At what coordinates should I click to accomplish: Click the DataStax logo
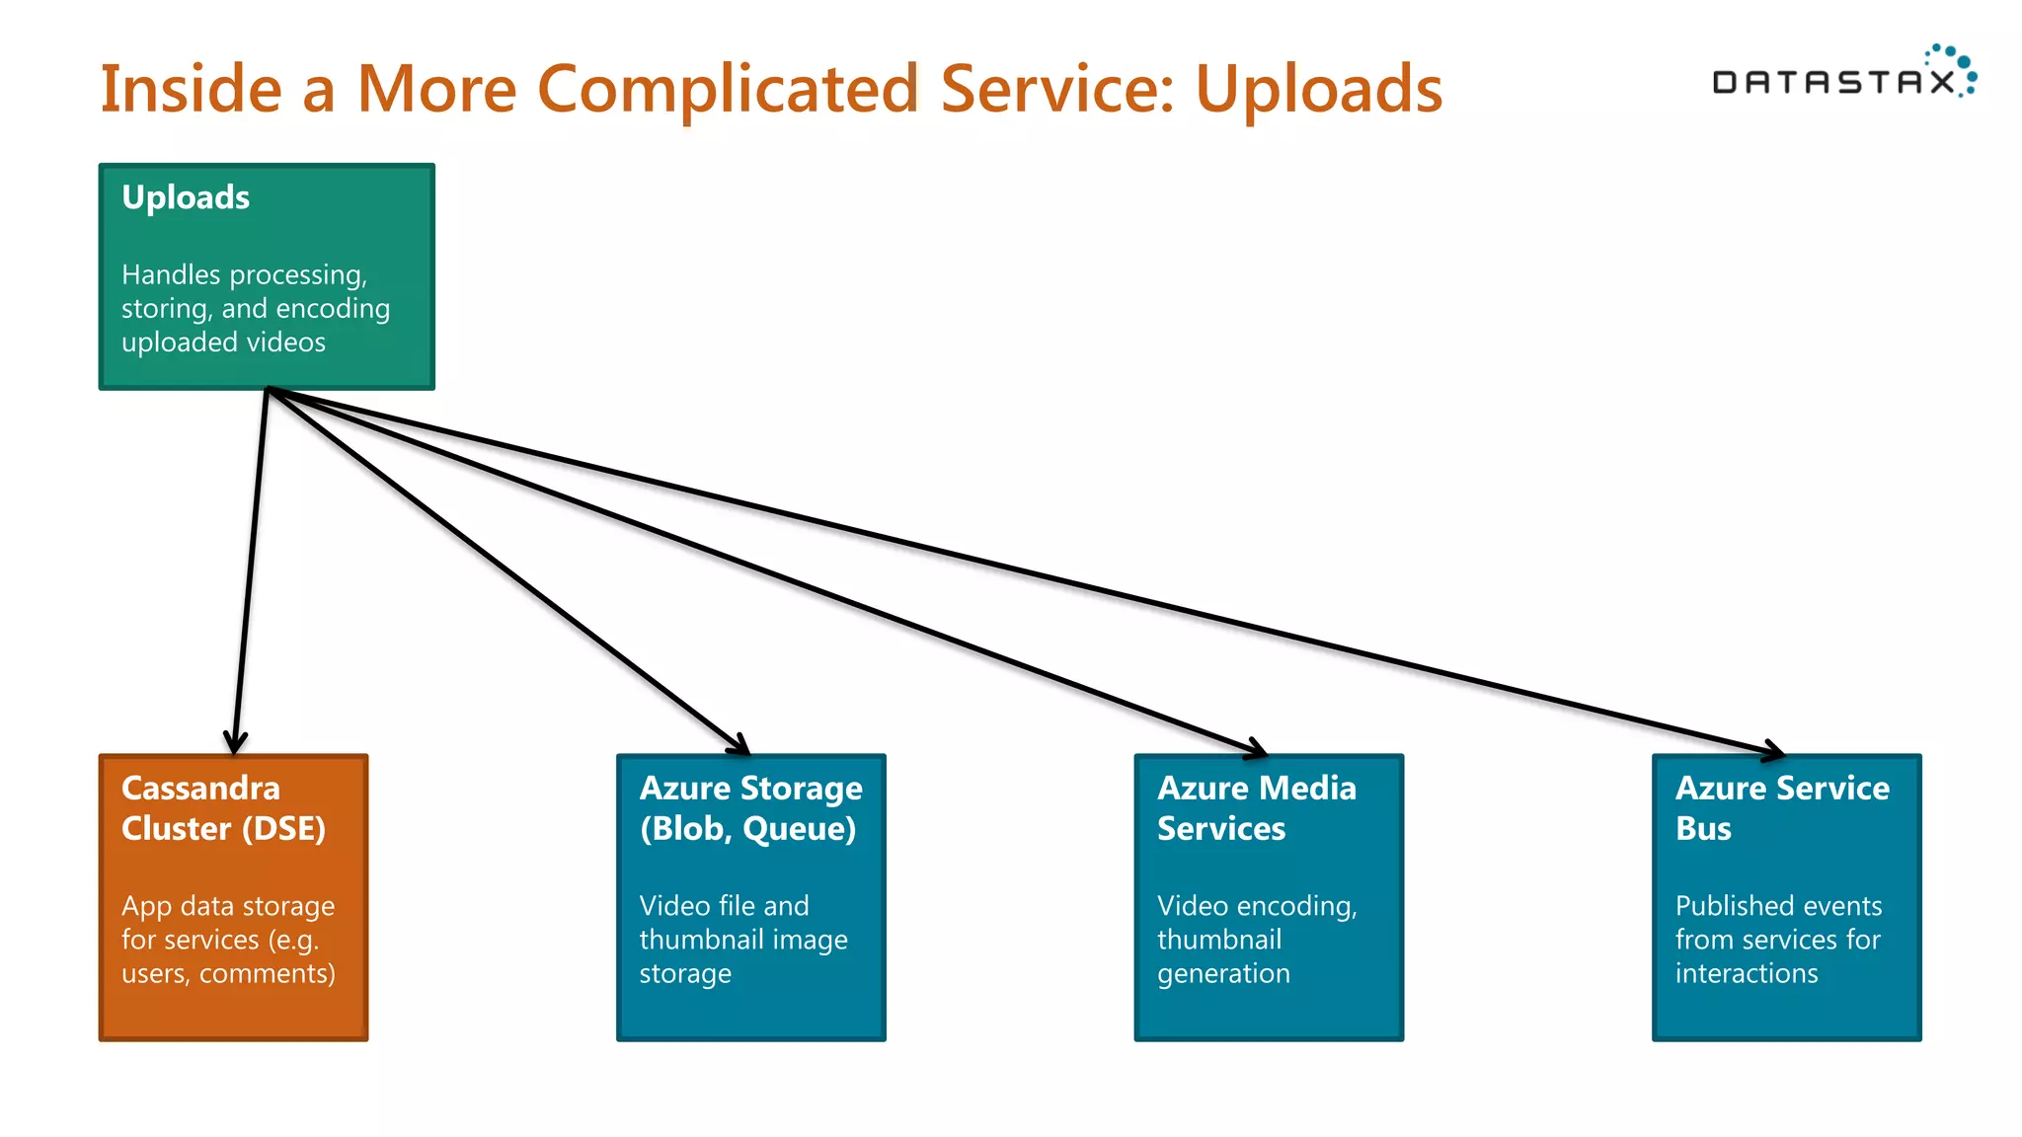[1842, 74]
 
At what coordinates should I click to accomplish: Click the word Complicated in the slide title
[729, 90]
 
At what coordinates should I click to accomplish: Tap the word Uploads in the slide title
[1318, 90]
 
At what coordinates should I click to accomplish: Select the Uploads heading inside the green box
[186, 197]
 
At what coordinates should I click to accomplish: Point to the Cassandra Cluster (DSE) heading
[223, 808]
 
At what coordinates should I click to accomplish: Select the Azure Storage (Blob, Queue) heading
[750, 808]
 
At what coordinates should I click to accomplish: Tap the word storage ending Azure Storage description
[685, 974]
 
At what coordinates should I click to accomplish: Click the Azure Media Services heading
[1256, 808]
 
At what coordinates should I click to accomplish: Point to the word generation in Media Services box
[1223, 974]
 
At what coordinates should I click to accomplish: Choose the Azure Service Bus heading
[1781, 808]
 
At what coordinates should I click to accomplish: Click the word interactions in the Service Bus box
[1746, 973]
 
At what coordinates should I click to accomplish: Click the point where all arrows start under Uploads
[268, 390]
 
